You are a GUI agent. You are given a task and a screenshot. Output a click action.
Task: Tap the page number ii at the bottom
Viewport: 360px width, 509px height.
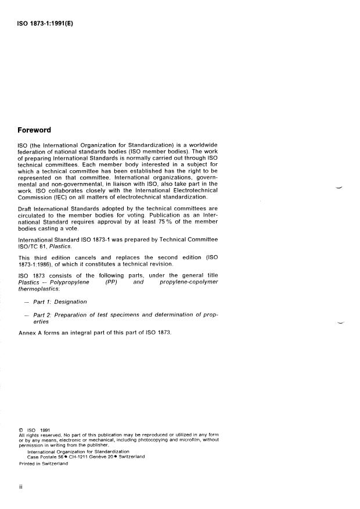21,488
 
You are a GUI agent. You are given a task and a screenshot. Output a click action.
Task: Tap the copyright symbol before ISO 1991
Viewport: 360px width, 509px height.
21,430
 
